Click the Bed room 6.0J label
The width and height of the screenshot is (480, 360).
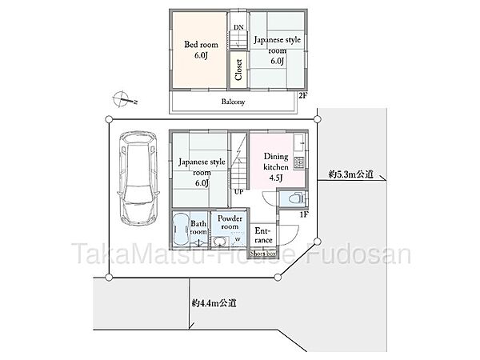coord(201,50)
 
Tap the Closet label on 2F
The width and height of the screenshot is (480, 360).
coord(238,70)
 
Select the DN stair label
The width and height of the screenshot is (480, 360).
coord(238,27)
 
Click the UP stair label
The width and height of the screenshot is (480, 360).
coord(238,192)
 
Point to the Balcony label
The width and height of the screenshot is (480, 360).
coord(233,102)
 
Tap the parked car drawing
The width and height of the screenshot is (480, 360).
coord(138,178)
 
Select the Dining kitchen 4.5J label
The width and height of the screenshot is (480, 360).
coord(276,167)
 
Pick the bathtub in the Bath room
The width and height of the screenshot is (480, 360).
coord(179,229)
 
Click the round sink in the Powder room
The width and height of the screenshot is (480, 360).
coord(219,242)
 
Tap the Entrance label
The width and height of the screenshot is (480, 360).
coord(263,235)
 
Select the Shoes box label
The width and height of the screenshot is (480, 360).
coord(262,254)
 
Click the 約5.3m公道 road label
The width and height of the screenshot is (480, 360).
coord(351,174)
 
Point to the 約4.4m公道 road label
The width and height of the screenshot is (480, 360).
coord(214,303)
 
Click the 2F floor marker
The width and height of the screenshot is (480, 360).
coord(302,95)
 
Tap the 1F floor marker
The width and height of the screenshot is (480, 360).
coord(304,214)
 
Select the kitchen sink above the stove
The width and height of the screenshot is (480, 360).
coord(299,143)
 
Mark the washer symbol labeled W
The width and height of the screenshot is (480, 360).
coord(238,239)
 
